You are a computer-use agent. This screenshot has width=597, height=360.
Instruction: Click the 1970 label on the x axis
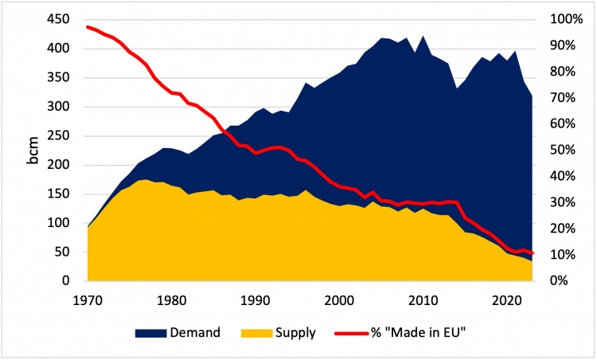(88, 300)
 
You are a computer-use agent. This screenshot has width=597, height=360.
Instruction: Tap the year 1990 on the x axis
(254, 300)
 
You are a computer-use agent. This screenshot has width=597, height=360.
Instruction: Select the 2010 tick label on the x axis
(423, 300)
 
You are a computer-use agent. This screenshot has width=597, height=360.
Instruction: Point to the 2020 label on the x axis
(506, 300)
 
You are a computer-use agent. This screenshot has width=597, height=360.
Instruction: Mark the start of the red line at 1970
(88, 27)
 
